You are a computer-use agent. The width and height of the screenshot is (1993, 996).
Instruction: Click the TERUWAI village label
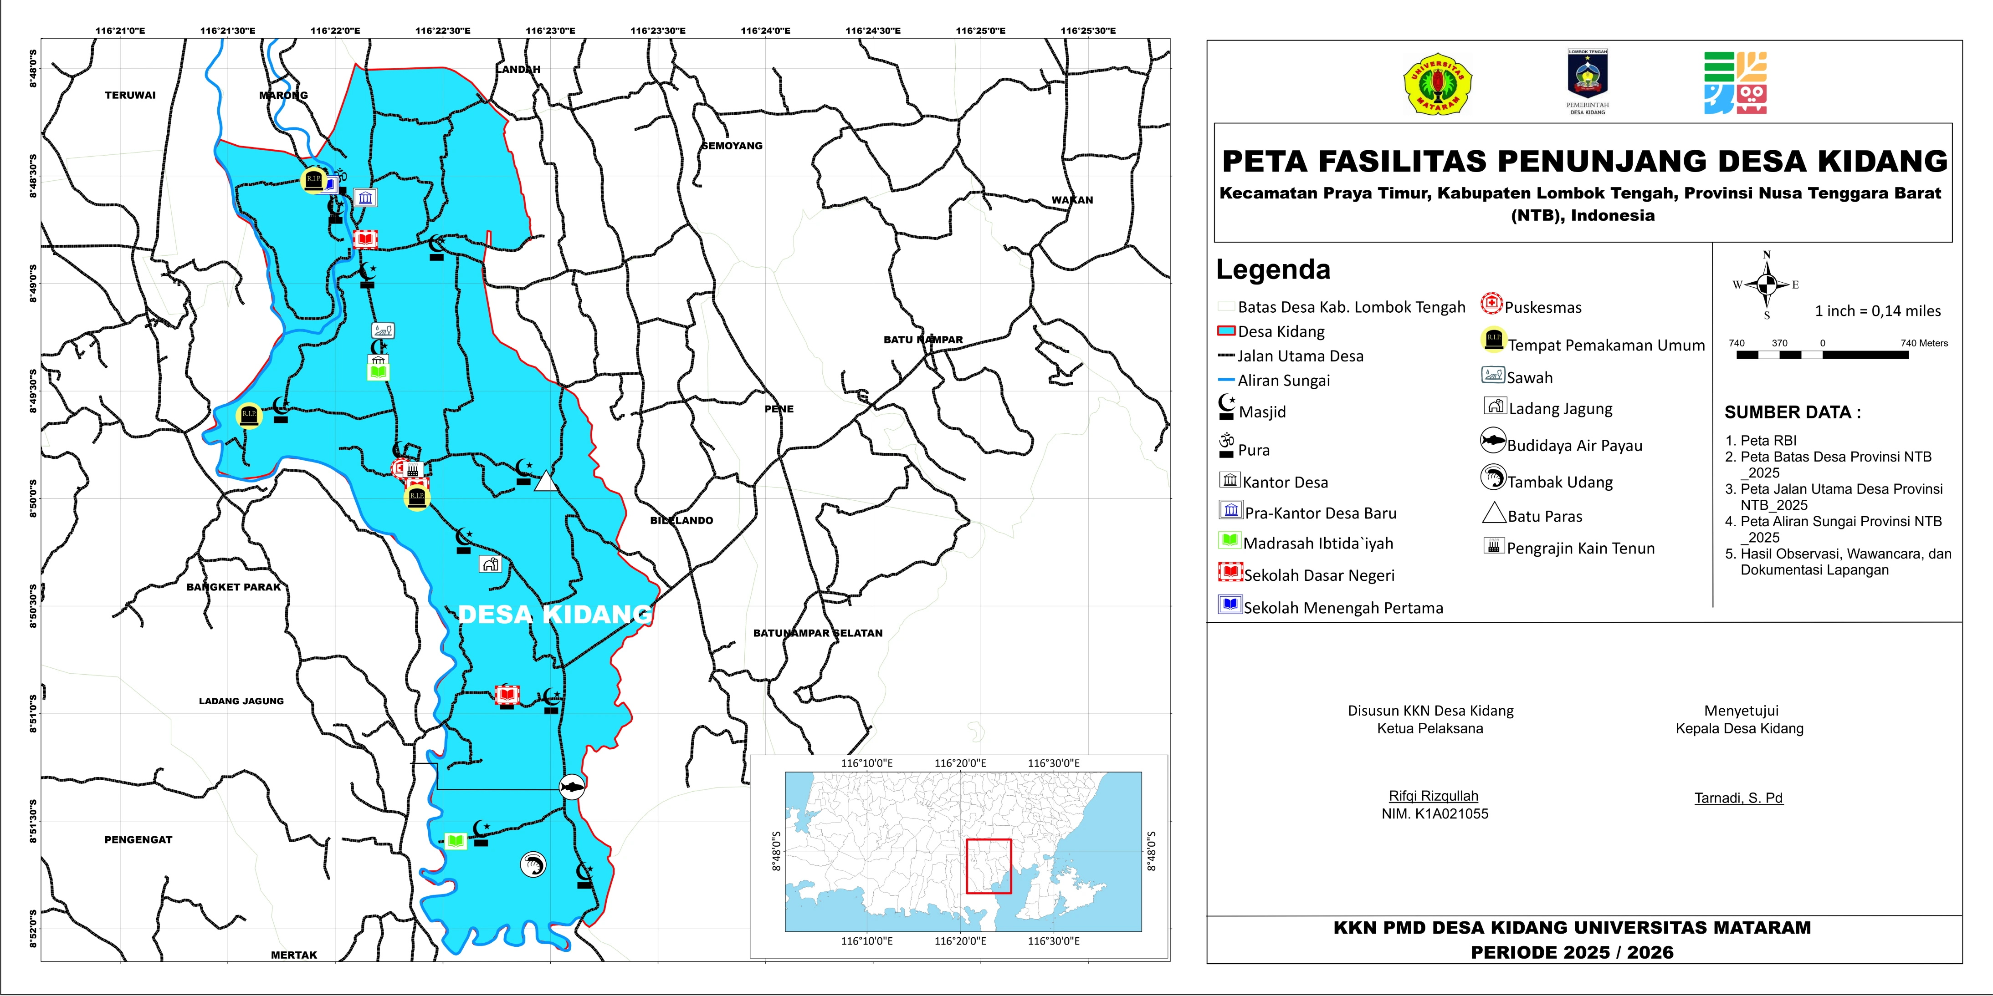tap(130, 95)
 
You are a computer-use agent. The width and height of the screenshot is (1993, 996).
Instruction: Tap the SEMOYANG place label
tap(732, 145)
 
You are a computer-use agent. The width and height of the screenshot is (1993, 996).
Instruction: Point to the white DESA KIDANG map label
tap(554, 614)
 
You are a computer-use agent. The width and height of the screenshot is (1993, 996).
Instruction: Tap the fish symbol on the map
tap(572, 787)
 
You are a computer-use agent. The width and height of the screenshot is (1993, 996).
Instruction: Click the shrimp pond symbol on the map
tap(532, 864)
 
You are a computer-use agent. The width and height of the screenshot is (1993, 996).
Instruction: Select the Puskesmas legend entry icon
tap(1491, 304)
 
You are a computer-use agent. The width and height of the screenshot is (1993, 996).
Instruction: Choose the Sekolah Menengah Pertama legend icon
tap(1230, 605)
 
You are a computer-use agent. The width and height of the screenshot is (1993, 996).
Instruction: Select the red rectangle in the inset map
tap(988, 866)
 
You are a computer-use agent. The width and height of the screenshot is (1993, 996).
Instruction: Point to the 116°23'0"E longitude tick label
tap(550, 31)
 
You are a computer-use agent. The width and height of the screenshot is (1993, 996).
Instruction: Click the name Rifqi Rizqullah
tap(1433, 796)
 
